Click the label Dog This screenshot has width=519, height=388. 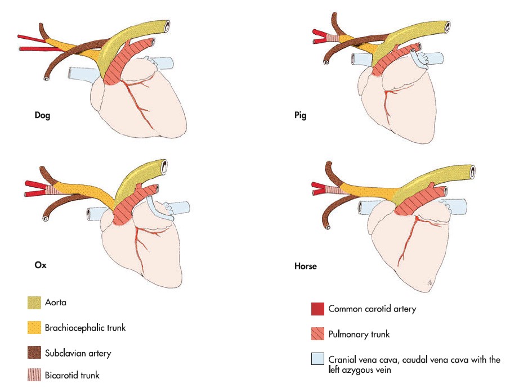[43, 116]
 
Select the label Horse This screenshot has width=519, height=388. [306, 266]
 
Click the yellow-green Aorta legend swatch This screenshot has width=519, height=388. [35, 303]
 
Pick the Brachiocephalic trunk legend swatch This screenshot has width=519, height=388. [35, 328]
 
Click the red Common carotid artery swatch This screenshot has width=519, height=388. [317, 309]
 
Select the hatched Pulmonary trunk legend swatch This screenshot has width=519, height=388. [317, 335]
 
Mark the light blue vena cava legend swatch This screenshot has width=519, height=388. [317, 360]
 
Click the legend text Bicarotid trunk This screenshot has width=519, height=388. [72, 375]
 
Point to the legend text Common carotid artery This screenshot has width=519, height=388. [372, 309]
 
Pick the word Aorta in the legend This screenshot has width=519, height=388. [57, 303]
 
